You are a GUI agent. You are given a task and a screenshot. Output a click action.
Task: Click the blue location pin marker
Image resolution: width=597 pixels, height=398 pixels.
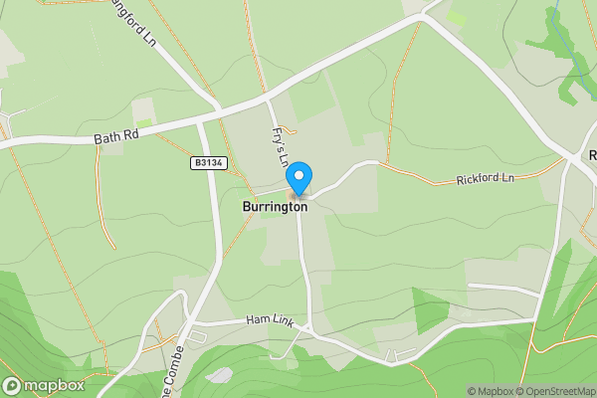(298, 177)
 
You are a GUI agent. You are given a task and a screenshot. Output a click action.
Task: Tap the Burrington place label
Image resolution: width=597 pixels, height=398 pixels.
(275, 207)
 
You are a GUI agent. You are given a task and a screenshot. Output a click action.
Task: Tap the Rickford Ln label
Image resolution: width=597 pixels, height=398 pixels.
(485, 180)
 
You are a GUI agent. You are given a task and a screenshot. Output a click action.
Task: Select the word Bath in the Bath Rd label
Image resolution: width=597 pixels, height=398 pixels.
(104, 138)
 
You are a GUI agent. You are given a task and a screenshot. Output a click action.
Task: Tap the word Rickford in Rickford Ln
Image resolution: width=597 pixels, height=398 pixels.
(478, 181)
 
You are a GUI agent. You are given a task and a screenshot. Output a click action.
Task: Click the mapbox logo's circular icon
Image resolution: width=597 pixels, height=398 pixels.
(11, 385)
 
